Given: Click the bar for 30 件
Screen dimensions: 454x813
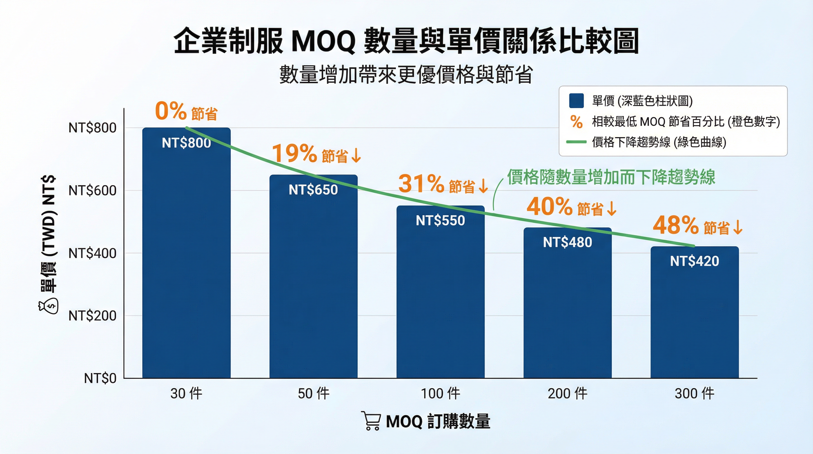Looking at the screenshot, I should click(186, 253).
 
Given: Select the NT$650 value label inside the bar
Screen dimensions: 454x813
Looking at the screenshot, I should click(313, 190).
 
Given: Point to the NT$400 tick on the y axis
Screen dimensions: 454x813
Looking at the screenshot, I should click(92, 253).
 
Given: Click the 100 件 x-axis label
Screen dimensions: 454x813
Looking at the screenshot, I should click(440, 394).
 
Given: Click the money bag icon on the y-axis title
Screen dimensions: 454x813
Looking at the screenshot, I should click(48, 307).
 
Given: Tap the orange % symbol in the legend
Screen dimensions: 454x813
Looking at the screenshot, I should click(576, 122).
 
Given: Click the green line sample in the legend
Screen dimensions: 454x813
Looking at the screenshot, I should click(576, 142).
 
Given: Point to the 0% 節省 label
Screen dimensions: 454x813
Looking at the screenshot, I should click(186, 112).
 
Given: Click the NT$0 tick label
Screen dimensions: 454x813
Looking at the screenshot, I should click(100, 378).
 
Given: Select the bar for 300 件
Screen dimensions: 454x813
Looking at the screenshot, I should click(694, 312).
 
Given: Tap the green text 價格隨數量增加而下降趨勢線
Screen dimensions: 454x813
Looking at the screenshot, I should click(611, 177).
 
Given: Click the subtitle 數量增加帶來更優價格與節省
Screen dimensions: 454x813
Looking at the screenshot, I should click(406, 74).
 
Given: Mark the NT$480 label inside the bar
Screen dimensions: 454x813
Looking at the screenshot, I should click(567, 242).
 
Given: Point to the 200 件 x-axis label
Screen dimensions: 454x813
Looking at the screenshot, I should click(567, 394).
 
